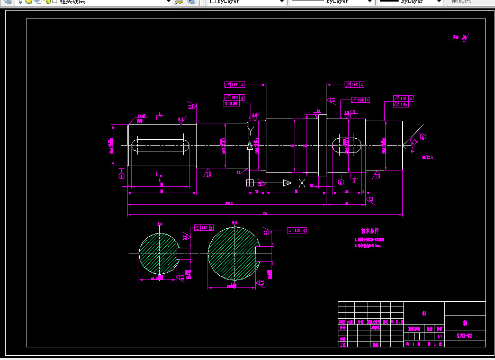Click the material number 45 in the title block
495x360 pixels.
[424, 313]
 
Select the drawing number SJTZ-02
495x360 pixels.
[464, 336]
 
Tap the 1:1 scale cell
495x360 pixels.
[439, 336]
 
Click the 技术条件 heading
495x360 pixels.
[370, 231]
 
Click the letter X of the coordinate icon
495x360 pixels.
[302, 183]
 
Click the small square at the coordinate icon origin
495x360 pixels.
[250, 183]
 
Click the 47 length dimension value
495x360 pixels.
[346, 202]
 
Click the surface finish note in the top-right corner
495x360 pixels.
[460, 37]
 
